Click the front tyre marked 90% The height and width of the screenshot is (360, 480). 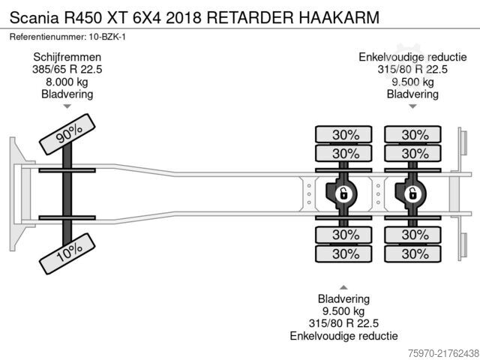click(x=67, y=134)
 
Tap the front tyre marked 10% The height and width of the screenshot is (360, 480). click(x=67, y=253)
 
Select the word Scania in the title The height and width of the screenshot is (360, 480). click(x=34, y=17)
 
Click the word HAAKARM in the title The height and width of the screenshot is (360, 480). click(x=339, y=17)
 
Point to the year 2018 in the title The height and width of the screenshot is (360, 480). click(x=184, y=17)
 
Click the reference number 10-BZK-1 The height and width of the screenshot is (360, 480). click(x=107, y=37)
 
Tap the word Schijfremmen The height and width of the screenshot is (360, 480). click(x=67, y=57)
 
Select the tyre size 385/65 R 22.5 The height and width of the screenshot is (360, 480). click(x=67, y=70)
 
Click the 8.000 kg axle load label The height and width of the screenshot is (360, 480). click(x=67, y=82)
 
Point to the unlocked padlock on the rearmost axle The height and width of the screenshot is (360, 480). click(x=412, y=193)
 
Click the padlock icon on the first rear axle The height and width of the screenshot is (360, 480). click(x=343, y=193)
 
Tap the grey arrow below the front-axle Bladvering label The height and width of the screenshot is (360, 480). click(x=67, y=106)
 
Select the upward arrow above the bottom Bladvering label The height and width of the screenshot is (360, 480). click(x=343, y=287)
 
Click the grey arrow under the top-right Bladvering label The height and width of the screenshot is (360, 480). click(x=412, y=106)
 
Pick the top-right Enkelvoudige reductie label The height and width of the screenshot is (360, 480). click(x=412, y=57)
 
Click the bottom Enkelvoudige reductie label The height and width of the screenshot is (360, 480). click(x=343, y=336)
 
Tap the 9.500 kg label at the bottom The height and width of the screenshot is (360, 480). click(x=343, y=311)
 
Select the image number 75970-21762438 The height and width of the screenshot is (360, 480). click(x=443, y=353)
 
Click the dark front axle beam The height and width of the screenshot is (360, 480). click(x=67, y=194)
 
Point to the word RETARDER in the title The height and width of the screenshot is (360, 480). click(x=250, y=17)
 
